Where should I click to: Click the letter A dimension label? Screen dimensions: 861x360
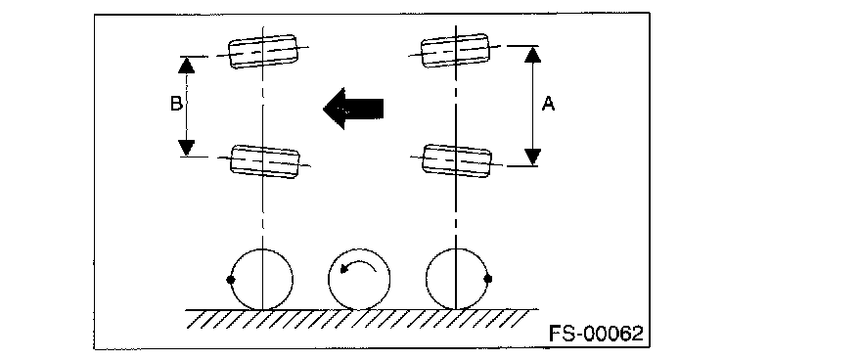tap(548, 103)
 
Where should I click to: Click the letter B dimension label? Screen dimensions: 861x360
tap(176, 104)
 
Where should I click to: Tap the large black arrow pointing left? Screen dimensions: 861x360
tap(353, 109)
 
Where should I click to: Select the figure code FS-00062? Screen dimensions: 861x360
tap(596, 334)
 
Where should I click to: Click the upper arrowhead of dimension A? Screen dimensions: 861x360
tap(532, 55)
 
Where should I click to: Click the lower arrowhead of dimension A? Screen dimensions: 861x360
tap(532, 157)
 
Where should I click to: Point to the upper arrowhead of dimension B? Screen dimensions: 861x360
tap(187, 66)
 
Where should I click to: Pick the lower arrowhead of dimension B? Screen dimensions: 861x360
tap(187, 148)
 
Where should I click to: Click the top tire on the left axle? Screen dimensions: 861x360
tap(262, 51)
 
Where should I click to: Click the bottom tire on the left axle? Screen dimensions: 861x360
tap(265, 161)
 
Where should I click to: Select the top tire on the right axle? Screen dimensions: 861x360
tap(455, 51)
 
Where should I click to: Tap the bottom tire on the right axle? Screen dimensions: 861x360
tap(457, 160)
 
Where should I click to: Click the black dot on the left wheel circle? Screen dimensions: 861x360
tap(231, 280)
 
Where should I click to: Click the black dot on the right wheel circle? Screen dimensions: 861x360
tap(487, 279)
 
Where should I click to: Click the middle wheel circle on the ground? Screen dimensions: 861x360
tap(359, 249)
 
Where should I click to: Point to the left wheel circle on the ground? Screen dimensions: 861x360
tap(262, 249)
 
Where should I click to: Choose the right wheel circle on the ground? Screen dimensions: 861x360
tap(457, 248)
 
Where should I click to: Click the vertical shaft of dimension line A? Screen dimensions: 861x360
tap(532, 106)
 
